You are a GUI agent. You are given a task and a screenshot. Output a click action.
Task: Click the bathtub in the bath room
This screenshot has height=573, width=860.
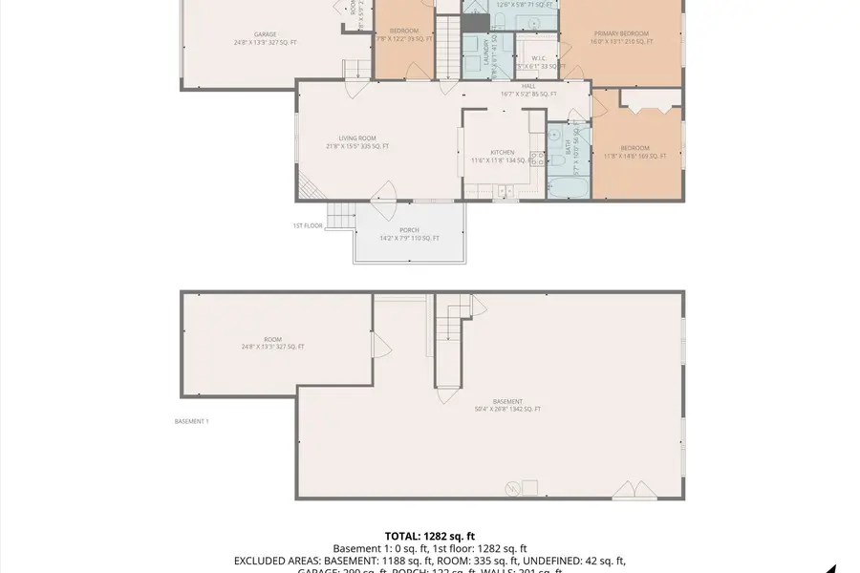[x=568, y=187]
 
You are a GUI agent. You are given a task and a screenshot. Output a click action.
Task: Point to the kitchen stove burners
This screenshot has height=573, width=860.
[x=537, y=162]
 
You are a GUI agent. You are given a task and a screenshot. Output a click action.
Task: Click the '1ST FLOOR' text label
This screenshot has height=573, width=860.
[x=308, y=225]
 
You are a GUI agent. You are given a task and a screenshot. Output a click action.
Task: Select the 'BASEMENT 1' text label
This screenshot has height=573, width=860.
[x=191, y=421]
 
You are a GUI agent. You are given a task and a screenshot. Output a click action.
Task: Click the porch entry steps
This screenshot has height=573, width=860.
[x=341, y=216]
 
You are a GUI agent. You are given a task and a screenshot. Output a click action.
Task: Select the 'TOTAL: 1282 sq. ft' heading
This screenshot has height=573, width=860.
[x=429, y=537]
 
